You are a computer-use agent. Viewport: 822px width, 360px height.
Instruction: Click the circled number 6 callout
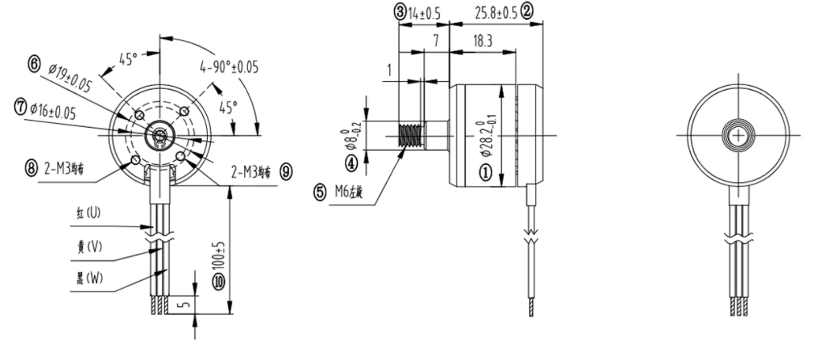[x=34, y=64]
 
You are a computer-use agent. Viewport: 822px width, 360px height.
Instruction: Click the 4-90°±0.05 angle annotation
[x=229, y=67]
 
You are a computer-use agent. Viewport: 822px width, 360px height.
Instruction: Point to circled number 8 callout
[x=31, y=168]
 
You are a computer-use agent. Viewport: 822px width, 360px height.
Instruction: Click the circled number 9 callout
[x=286, y=172]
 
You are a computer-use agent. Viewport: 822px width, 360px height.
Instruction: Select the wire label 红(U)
[x=88, y=213]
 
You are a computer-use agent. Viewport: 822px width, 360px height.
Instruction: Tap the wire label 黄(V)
[x=89, y=246]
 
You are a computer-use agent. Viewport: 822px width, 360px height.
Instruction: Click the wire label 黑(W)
[x=89, y=278]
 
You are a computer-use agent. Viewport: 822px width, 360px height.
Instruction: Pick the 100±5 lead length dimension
[x=220, y=254]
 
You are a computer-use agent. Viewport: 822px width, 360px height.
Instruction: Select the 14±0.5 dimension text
[x=424, y=13]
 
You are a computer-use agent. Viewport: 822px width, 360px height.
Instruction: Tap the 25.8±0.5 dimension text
[x=496, y=13]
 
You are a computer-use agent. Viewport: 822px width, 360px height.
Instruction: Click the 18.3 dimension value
[x=483, y=41]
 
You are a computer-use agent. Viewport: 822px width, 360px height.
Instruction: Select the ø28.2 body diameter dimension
[x=486, y=136]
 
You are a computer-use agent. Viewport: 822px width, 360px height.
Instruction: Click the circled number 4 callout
[x=351, y=163]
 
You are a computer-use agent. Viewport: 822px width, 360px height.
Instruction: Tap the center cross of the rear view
[x=738, y=135]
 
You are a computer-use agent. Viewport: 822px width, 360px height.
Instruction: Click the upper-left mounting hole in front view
[x=139, y=115]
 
